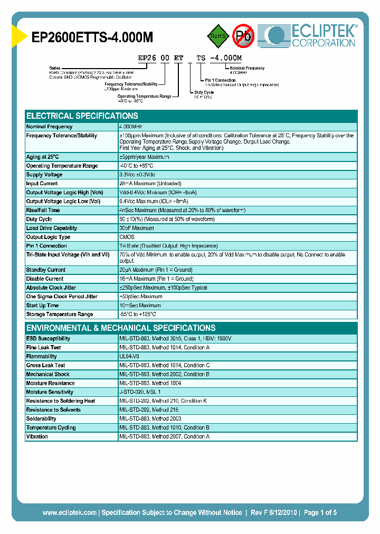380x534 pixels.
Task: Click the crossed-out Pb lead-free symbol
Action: coord(244,36)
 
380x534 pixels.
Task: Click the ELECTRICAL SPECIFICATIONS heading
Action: coord(82,116)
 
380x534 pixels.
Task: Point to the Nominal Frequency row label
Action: coord(49,127)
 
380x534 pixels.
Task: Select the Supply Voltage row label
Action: coord(44,175)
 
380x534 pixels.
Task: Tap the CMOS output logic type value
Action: coord(127,237)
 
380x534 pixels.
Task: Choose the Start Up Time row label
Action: coord(42,306)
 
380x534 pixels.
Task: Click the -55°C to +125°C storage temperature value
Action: coord(139,314)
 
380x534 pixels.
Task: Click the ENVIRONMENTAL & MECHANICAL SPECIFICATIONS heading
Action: coord(121,328)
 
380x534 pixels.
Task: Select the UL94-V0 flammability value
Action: coord(129,357)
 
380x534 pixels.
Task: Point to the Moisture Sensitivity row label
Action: coord(50,392)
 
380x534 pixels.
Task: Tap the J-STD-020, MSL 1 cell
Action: coord(140,392)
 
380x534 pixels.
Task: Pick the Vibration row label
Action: coord(37,436)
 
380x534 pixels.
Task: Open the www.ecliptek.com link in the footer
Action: coord(69,512)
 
